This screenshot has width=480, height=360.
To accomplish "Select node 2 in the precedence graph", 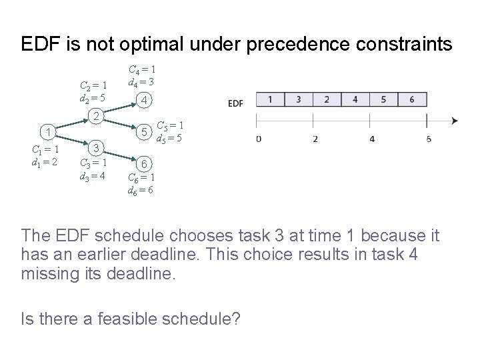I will [96, 116].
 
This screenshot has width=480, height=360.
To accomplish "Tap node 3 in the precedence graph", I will [96, 147].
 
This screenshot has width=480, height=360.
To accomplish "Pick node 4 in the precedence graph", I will [144, 101].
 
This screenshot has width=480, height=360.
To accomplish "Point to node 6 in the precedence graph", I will [144, 163].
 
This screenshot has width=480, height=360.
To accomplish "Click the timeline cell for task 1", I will [269, 100].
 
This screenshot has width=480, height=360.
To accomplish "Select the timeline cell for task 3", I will [298, 100].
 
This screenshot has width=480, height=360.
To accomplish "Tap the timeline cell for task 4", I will [355, 100].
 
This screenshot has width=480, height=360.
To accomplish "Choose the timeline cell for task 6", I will [413, 100].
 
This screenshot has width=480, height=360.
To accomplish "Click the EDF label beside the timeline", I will [235, 103].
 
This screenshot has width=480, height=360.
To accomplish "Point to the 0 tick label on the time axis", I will [257, 139].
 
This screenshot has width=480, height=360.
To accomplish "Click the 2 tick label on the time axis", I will [315, 139].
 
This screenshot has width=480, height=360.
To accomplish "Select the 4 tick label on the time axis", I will [371, 139].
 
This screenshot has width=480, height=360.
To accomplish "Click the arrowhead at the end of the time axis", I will [454, 121].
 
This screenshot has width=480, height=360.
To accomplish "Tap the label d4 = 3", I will [142, 81].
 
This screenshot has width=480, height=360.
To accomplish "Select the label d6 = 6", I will [142, 190].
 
